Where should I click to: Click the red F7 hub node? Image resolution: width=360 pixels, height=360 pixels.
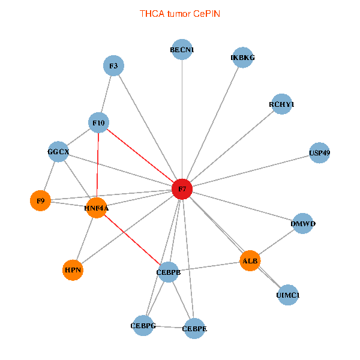[x=182, y=190]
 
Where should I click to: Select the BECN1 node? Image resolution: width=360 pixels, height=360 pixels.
[x=182, y=50]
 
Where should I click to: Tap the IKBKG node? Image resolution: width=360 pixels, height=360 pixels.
[x=242, y=58]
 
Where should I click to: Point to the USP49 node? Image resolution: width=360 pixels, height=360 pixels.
[x=319, y=153]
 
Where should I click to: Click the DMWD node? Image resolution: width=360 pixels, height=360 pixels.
[x=303, y=224]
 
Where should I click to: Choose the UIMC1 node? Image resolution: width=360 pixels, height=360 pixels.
[x=288, y=295]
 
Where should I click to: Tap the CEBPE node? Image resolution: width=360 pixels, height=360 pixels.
[x=194, y=329]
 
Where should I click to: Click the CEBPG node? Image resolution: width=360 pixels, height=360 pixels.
[x=143, y=326]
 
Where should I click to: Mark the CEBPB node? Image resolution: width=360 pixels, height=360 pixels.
[x=169, y=272]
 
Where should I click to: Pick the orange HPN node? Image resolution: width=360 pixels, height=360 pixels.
[x=73, y=271]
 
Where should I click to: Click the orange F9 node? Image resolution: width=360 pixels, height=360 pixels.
[x=40, y=200]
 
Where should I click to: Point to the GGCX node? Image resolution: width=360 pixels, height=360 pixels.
[x=58, y=152]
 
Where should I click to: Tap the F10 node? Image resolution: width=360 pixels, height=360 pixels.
[x=98, y=124]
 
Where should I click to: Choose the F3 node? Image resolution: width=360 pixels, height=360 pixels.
[x=113, y=65]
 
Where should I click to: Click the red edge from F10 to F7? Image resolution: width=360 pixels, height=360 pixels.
[x=140, y=157]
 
